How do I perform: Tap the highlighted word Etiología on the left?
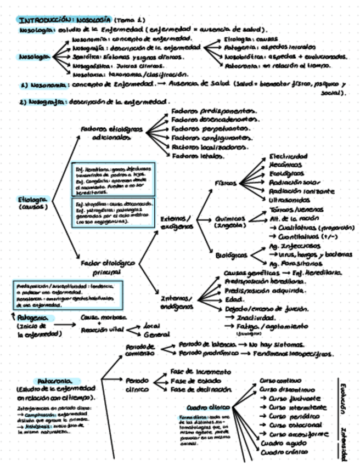coord(34,199)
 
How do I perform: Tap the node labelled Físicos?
coord(226,183)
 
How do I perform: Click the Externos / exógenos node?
coord(176,223)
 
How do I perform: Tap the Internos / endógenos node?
coord(176,302)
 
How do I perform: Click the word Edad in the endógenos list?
coord(233,300)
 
